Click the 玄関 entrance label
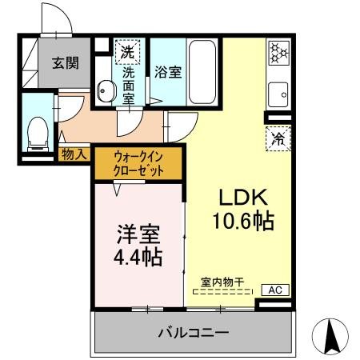[66, 64]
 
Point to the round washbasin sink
[106, 92]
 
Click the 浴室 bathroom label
[167, 72]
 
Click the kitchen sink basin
[279, 94]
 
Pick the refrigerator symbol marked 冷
[279, 138]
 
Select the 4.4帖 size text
[139, 257]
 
